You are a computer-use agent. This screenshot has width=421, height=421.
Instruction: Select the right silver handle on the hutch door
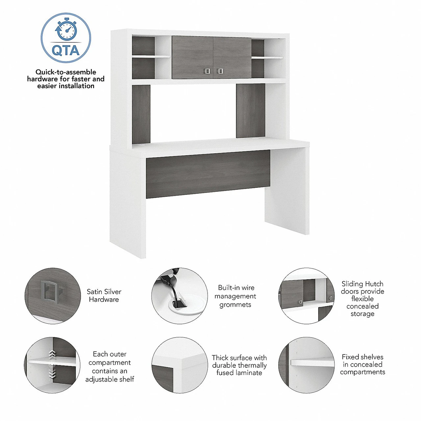pos(220,71)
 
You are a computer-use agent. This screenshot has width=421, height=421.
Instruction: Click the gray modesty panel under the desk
pos(208,174)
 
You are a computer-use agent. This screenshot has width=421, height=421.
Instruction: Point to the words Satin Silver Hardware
pos(104,295)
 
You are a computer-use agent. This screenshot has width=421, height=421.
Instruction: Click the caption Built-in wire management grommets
pos(235,296)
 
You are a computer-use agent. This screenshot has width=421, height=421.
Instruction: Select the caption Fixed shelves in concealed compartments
pos(362,364)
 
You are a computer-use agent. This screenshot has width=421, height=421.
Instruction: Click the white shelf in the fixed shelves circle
pos(312,363)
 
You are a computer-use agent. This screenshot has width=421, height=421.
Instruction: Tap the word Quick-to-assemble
pos(66,72)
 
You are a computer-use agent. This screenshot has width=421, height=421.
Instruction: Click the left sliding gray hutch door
pos(192,57)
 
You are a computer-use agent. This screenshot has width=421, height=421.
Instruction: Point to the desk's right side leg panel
pos(287,190)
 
